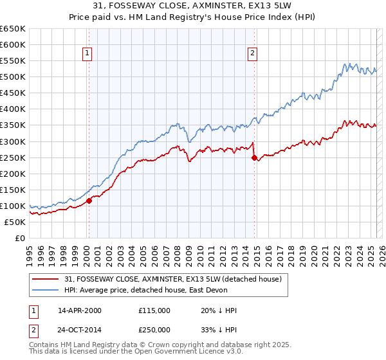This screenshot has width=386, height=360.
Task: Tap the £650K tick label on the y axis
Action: pyautogui.click(x=13, y=29)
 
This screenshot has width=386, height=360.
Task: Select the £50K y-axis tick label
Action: pyautogui.click(x=15, y=222)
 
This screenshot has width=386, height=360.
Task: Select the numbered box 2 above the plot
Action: pyautogui.click(x=253, y=53)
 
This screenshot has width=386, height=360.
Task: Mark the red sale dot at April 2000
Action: pyautogui.click(x=89, y=201)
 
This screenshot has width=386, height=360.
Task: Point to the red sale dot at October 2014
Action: pyautogui.click(x=254, y=157)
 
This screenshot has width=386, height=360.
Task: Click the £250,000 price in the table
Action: pyautogui.click(x=154, y=329)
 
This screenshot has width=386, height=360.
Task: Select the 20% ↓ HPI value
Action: pyautogui.click(x=219, y=310)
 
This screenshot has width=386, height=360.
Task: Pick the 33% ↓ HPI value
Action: pyautogui.click(x=219, y=329)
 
